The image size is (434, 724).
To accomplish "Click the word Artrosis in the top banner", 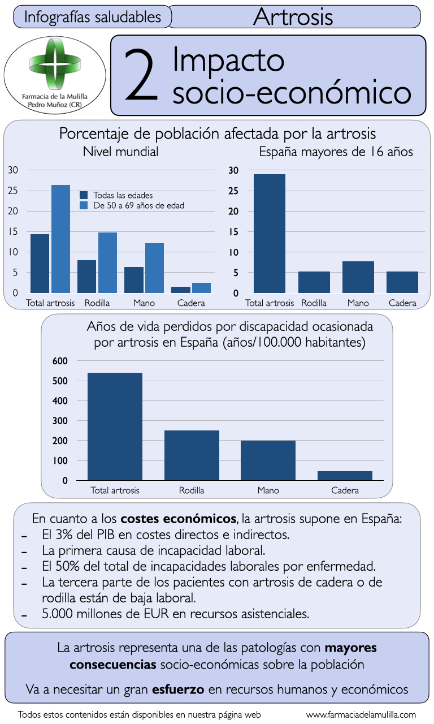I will coord(293,17).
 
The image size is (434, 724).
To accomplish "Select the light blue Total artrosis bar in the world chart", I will coord(60,239).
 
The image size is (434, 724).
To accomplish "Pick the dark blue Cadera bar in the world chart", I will coord(181,290).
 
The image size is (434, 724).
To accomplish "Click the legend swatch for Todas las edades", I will coord(84,195).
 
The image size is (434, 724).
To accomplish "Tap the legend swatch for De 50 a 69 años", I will coord(84,205).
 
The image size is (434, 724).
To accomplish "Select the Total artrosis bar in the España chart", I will coord(269,233).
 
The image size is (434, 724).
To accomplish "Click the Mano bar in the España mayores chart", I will coord(358,277).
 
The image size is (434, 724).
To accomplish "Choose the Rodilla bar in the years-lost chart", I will coord(192,455).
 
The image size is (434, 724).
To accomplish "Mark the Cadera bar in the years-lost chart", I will coord(345,476).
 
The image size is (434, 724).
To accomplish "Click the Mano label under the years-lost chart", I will coord(268,490).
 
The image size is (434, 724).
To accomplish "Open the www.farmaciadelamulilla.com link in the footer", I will coord(361,714).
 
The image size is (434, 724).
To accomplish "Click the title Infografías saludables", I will coord(93,17).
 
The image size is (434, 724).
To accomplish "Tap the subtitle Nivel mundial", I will coord(120,152).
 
